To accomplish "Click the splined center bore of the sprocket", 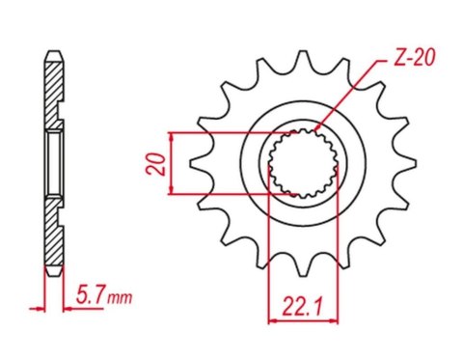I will click(x=301, y=162).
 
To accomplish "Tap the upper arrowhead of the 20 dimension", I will click(x=171, y=135).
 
